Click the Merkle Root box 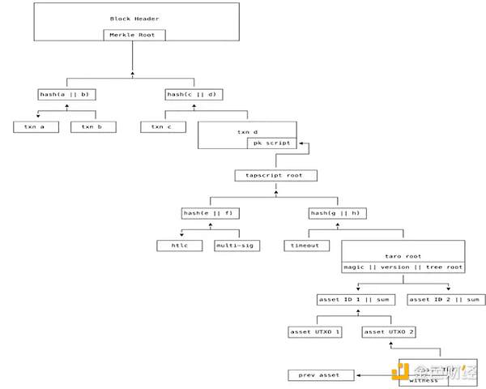135,35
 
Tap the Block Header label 135,18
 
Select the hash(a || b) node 66,95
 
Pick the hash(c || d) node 194,95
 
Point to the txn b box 93,126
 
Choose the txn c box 163,126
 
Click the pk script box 272,143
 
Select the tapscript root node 275,175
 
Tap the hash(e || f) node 210,213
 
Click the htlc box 180,245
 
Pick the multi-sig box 236,245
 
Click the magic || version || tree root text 403,267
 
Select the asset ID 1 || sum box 357,300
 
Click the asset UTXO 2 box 389,332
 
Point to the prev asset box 322,375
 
